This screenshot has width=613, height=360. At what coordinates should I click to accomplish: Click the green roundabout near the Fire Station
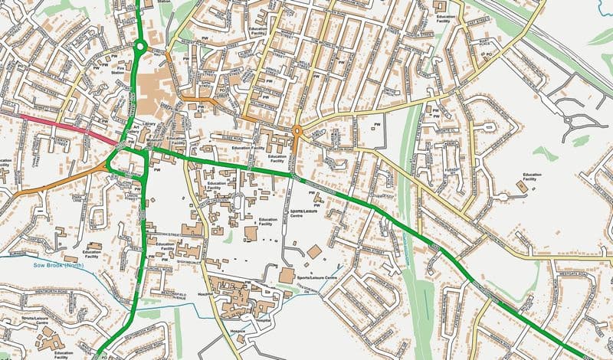139,47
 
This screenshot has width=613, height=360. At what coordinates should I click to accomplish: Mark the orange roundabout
297,131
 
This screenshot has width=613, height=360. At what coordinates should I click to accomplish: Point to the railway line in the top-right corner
559,38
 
